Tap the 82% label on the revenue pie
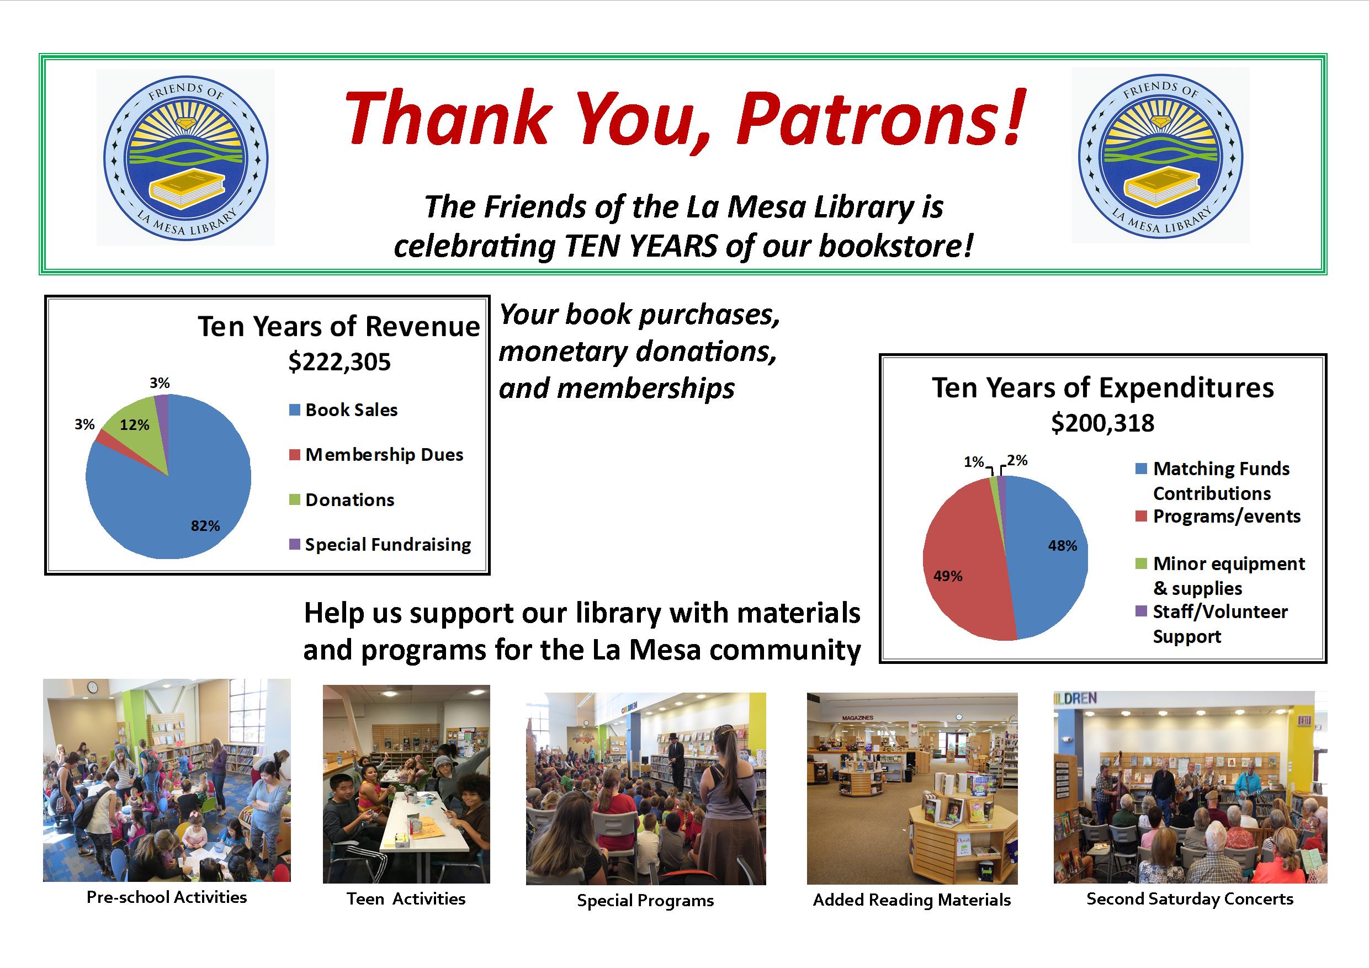click(x=205, y=526)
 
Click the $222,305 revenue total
click(x=339, y=362)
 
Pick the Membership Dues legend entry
click(x=376, y=455)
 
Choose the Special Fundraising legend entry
click(x=380, y=545)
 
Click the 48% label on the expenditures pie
click(x=1063, y=546)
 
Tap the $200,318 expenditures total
click(x=1102, y=423)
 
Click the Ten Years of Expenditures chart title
click(x=1103, y=388)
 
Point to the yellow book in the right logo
click(x=1160, y=187)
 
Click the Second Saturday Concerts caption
click(x=1190, y=899)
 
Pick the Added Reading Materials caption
click(x=912, y=900)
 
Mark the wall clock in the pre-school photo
click(x=92, y=687)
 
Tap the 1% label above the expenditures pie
click(x=974, y=462)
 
